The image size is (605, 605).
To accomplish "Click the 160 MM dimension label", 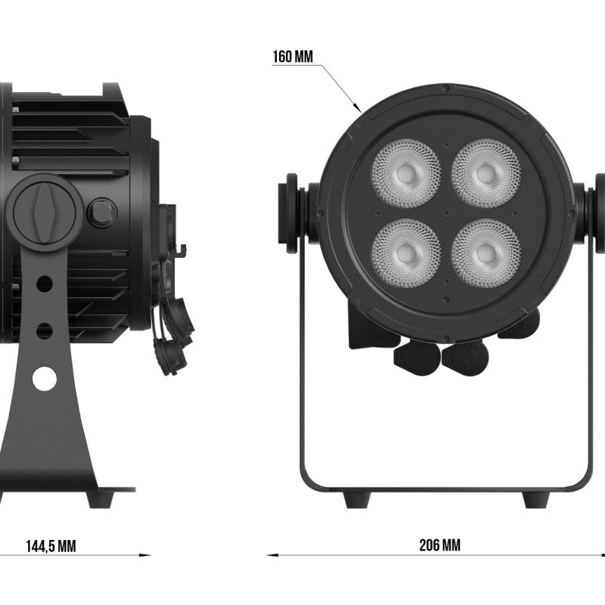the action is (x=293, y=57).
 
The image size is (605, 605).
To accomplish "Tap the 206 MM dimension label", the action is (x=439, y=545).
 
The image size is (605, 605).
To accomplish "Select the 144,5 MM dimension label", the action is (x=51, y=546).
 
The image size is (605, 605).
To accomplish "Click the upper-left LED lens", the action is (x=406, y=173).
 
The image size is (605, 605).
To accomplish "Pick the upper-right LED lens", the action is (x=486, y=173).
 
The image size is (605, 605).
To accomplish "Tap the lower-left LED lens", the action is (x=406, y=253).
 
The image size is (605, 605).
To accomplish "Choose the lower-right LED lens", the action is (x=486, y=253).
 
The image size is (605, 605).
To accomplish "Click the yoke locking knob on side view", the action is (x=45, y=213).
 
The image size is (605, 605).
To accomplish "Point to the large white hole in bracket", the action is (x=45, y=378).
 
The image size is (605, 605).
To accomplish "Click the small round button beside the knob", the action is (x=102, y=213).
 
